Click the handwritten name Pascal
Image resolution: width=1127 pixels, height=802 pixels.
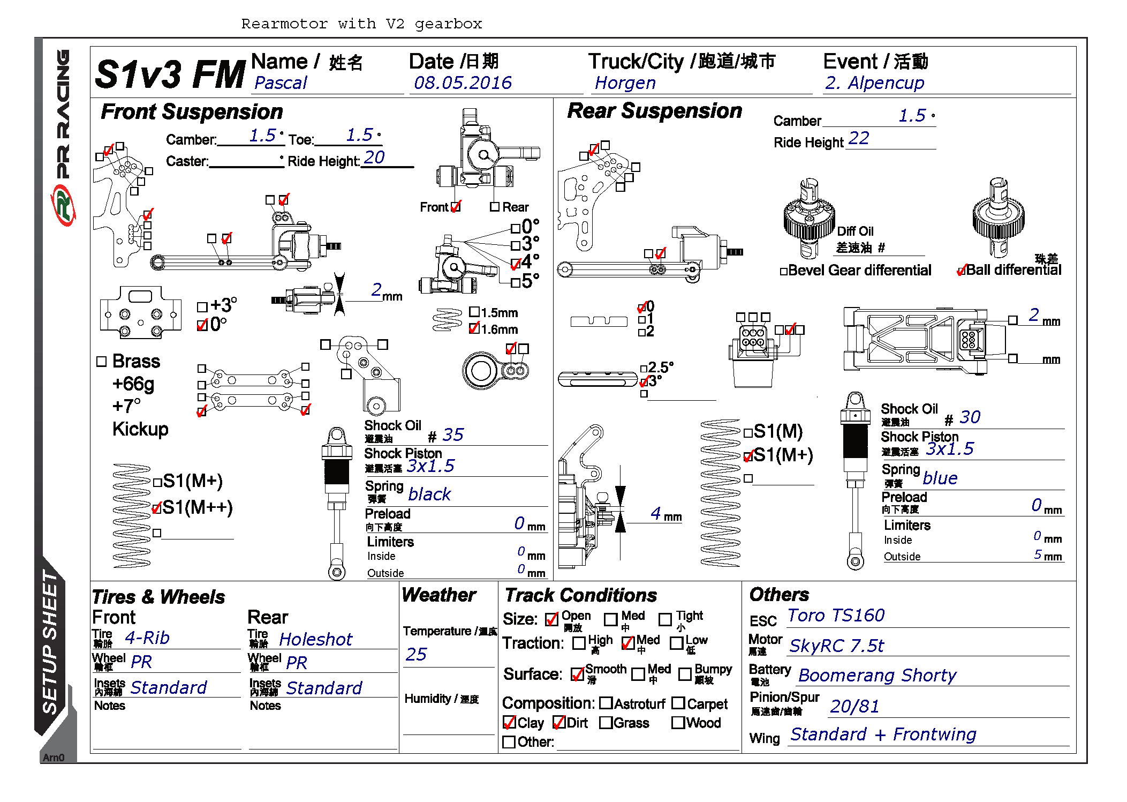(281, 83)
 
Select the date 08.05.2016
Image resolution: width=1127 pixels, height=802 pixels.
(463, 83)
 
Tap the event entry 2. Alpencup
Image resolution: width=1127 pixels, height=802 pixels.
(874, 83)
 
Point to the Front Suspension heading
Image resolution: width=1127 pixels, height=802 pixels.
(192, 112)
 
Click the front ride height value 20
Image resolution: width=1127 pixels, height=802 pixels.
(374, 158)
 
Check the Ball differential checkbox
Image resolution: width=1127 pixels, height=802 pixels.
(962, 271)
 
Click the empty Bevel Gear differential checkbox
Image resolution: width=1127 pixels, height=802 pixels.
(784, 272)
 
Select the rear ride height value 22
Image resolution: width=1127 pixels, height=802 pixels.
(859, 139)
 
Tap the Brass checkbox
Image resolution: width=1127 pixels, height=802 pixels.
(102, 362)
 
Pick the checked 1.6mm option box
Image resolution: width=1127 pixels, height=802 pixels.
(474, 328)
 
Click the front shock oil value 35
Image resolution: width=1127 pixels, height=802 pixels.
(453, 435)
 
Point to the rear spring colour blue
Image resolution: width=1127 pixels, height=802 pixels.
(940, 478)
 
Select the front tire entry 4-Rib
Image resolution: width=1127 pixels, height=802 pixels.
(147, 638)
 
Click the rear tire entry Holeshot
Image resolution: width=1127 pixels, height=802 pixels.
(316, 640)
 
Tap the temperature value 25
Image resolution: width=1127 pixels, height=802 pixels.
(416, 655)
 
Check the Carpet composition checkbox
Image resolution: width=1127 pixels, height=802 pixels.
(678, 703)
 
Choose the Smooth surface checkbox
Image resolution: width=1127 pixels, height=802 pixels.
(578, 674)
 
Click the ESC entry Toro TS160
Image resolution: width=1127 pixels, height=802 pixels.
(836, 616)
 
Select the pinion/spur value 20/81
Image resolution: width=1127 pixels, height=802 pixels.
(854, 707)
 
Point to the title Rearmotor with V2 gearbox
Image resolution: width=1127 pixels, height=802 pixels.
(361, 24)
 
